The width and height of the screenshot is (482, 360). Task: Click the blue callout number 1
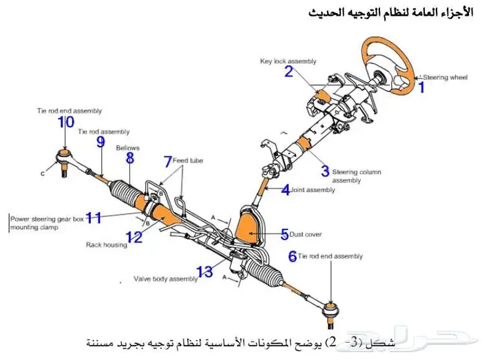click(x=421, y=87)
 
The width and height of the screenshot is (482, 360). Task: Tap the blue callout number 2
click(x=289, y=71)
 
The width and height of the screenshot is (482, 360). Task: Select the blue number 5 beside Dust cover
click(x=284, y=235)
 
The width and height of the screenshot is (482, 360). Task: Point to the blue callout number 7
click(x=167, y=162)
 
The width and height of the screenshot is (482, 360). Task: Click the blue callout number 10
click(x=66, y=123)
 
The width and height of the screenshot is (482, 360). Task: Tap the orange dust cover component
click(x=249, y=228)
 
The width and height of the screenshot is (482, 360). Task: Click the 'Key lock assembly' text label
click(x=288, y=61)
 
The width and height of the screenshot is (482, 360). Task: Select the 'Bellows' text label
click(x=127, y=147)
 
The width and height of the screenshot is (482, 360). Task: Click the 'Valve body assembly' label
click(x=165, y=279)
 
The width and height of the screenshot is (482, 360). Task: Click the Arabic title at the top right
click(x=390, y=13)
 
